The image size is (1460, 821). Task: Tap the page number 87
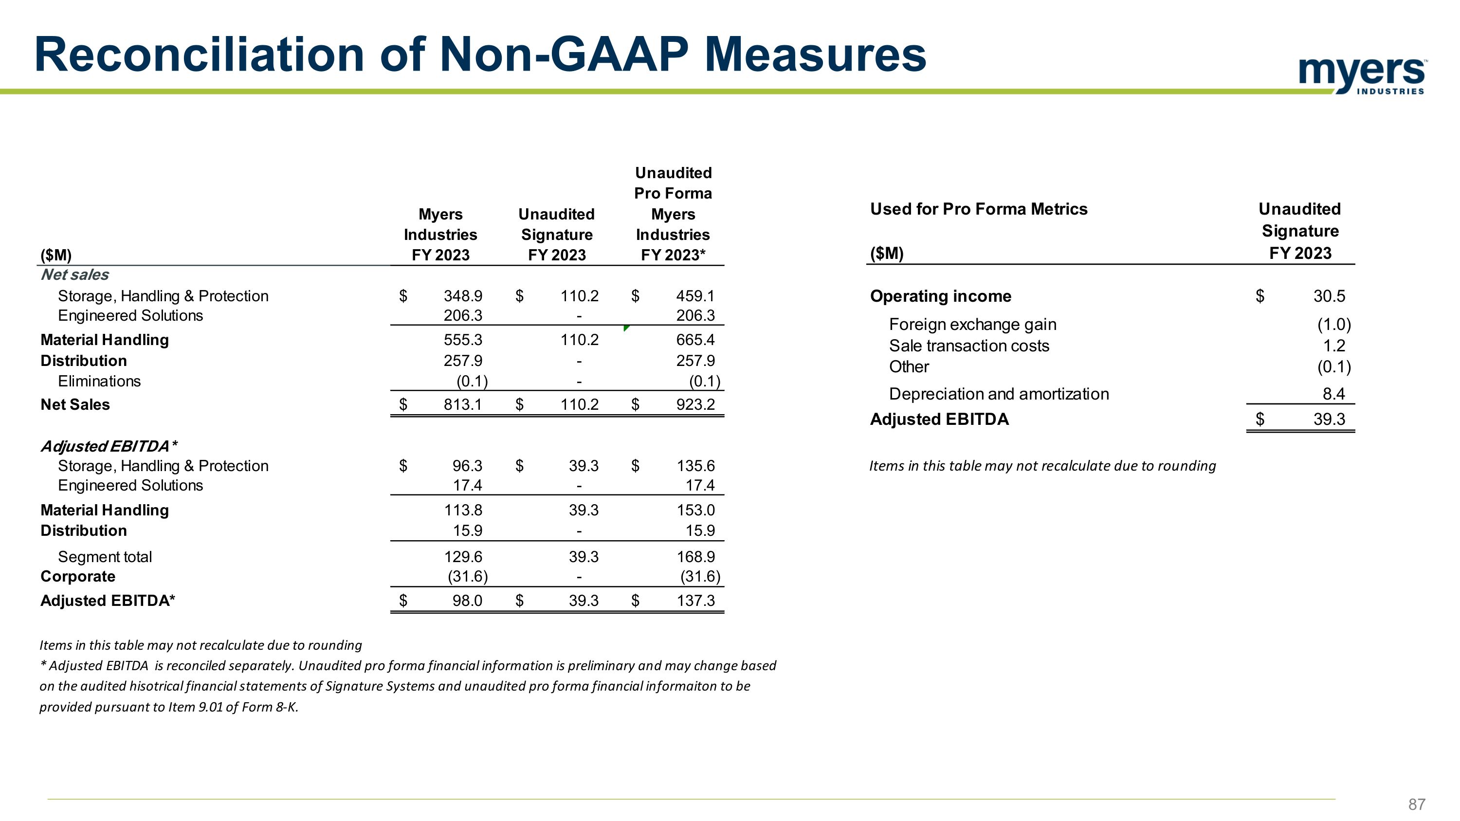click(1416, 804)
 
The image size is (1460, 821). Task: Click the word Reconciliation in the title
click(199, 55)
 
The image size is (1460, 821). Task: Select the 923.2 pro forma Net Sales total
click(695, 404)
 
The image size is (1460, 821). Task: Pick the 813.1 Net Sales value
click(462, 404)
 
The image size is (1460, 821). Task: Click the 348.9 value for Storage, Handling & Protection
click(462, 296)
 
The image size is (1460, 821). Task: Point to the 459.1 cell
click(695, 296)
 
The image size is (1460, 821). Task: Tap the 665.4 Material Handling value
click(695, 340)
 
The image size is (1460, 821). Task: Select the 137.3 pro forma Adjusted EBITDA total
click(696, 601)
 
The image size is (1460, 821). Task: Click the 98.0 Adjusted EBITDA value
click(467, 601)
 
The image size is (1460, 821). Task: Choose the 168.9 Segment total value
click(695, 557)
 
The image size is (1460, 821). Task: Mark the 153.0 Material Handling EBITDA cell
click(695, 511)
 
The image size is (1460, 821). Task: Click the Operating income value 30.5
click(1329, 296)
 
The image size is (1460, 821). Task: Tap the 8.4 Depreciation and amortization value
click(1333, 394)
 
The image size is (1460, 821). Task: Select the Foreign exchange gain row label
click(972, 325)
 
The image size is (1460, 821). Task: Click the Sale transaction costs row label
click(969, 346)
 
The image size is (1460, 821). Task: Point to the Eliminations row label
click(99, 382)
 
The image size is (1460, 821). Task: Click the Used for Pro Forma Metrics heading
click(979, 209)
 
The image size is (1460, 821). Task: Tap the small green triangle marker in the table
click(626, 328)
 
